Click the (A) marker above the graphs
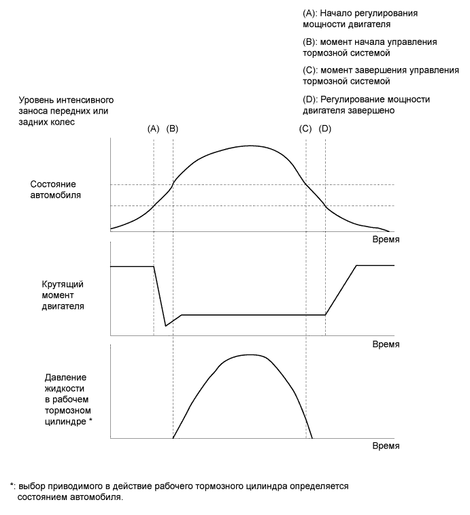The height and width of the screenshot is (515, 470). (x=153, y=128)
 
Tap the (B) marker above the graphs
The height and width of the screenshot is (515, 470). (x=173, y=128)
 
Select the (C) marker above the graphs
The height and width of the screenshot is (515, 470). (x=305, y=128)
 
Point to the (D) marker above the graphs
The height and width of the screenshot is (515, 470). (x=325, y=128)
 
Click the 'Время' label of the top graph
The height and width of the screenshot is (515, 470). (x=386, y=240)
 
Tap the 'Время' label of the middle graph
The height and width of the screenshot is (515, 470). (x=386, y=344)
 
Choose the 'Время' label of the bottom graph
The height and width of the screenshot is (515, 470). (x=386, y=447)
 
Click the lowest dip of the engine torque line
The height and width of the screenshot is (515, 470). (x=165, y=326)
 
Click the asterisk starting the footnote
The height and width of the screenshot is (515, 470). (x=12, y=486)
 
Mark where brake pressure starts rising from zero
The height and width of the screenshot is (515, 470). (x=173, y=438)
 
